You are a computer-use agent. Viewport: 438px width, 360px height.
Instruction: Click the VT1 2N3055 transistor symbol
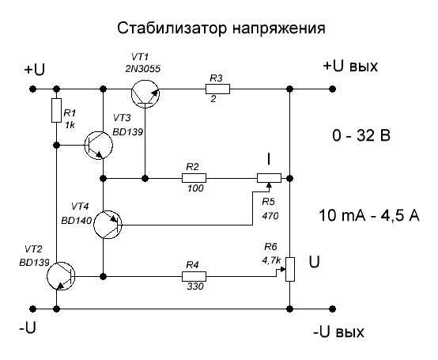tap(145, 93)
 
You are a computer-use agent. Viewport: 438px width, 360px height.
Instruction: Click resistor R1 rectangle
tap(56, 110)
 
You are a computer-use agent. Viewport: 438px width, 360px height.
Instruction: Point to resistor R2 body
tap(194, 178)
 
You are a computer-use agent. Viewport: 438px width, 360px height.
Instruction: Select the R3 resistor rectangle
tap(218, 89)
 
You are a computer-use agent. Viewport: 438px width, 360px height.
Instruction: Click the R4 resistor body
tap(194, 276)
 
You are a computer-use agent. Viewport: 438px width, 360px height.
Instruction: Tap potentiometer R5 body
tap(269, 178)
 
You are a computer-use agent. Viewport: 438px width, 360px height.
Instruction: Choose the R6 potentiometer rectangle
tap(290, 269)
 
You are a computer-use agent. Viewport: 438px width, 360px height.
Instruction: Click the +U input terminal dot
tap(33, 89)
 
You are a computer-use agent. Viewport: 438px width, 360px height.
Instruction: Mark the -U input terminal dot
tap(33, 309)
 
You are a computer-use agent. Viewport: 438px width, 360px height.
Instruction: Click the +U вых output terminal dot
tap(332, 89)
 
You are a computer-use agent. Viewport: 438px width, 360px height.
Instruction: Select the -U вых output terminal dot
tap(332, 309)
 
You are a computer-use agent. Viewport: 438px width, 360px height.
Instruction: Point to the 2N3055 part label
tap(143, 69)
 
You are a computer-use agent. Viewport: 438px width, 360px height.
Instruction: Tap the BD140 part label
tap(77, 221)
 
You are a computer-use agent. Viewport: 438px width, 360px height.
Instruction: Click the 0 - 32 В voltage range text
tap(361, 136)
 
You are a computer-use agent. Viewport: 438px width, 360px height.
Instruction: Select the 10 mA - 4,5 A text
tap(369, 216)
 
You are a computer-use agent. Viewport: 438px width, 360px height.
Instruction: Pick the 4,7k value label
tap(271, 260)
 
